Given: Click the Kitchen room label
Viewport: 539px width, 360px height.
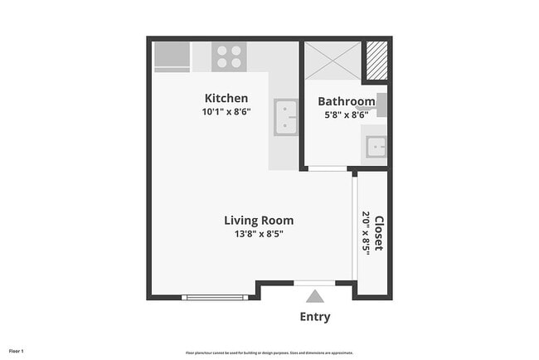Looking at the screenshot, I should pos(226,99).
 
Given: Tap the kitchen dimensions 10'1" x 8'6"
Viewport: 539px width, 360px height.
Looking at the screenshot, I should pos(226,111).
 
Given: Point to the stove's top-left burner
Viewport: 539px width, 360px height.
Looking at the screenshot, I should pos(222,50).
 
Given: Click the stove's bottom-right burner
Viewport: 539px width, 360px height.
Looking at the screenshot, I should pos(236,63).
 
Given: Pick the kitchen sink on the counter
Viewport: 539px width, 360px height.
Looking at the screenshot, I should pos(286,117).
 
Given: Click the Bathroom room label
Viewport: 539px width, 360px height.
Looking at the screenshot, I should pos(347,102).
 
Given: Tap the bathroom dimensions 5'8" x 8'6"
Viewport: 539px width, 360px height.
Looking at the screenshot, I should pos(347,114).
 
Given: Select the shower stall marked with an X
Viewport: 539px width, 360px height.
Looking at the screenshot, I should pos(333,60).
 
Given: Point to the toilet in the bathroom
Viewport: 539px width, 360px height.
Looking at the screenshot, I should pos(381,105).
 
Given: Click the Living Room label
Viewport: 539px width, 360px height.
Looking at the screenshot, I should pos(259,221).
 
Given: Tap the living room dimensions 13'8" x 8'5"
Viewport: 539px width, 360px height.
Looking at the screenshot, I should pos(259,233).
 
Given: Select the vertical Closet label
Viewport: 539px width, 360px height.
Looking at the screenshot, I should pos(379,233).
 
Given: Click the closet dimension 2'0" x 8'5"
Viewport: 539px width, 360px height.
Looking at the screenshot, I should pos(367,233).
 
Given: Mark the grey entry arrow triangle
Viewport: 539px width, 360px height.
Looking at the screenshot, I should pos(314,296).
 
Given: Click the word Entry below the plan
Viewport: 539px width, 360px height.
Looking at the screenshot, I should pos(314,317).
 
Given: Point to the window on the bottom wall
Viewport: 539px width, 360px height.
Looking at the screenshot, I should pos(215,297).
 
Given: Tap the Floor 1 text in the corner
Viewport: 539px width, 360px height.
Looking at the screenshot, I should pos(17,352).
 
